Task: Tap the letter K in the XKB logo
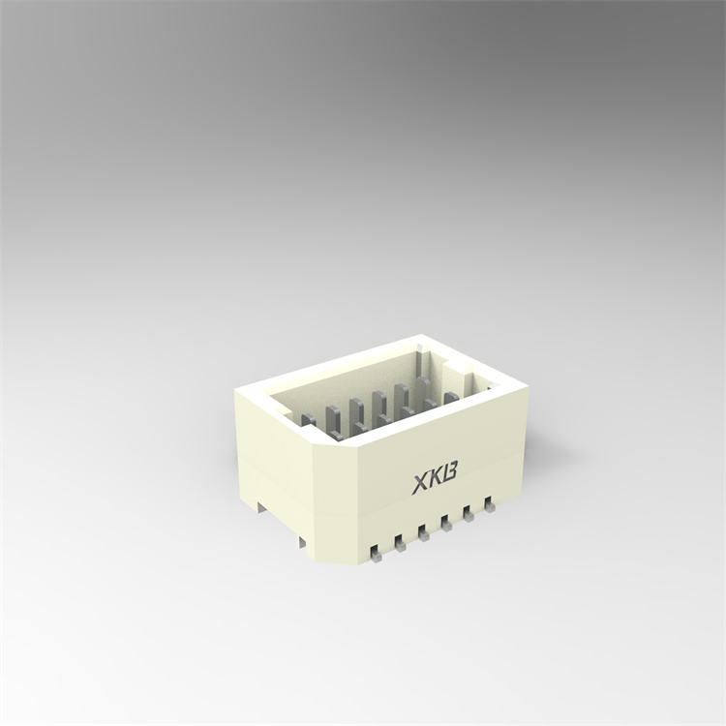438,478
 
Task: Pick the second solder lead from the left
398,545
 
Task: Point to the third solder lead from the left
423,532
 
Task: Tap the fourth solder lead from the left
445,523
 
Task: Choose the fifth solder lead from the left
468,513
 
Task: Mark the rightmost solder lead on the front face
489,503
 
